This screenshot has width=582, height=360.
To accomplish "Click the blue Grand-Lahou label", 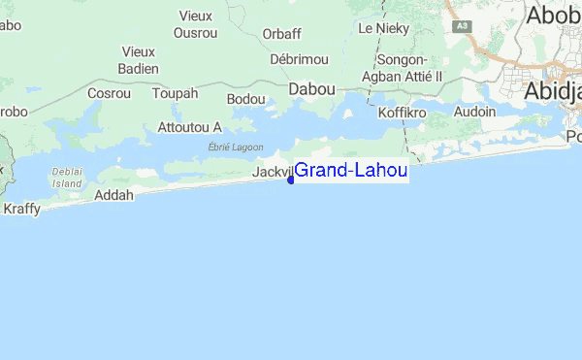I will (x=350, y=171).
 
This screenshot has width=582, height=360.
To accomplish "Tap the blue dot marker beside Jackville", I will (x=290, y=179).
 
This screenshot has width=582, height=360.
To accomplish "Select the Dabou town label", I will (x=312, y=88).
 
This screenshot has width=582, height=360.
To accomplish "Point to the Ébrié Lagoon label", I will (x=236, y=147).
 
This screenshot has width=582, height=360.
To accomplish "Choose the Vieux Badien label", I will (x=138, y=59).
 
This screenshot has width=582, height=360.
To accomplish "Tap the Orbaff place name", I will (x=281, y=34).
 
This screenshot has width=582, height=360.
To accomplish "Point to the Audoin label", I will (x=474, y=112).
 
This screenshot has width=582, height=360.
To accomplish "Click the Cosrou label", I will (x=109, y=94).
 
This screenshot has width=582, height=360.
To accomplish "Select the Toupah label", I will (x=175, y=94).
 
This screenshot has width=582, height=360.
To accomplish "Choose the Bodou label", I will (x=245, y=99).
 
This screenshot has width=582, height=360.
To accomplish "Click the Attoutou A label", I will (x=190, y=127).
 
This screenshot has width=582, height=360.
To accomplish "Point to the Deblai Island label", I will (x=68, y=176).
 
